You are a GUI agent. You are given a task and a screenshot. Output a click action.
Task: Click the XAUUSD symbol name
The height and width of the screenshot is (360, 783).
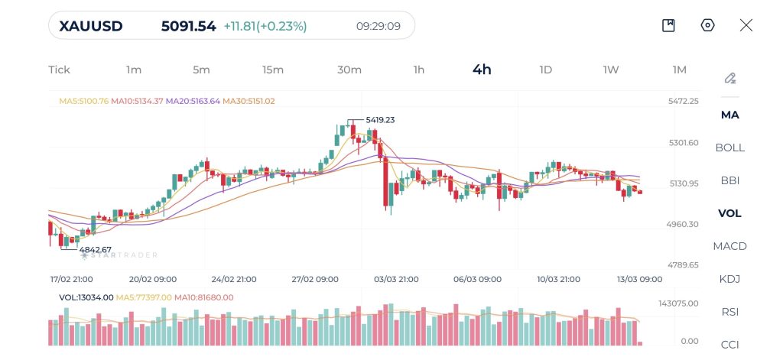pos(91,26)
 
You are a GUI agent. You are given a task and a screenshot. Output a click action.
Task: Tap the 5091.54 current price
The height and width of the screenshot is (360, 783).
pos(188,26)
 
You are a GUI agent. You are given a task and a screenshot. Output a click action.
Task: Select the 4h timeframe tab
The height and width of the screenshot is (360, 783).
pos(482,70)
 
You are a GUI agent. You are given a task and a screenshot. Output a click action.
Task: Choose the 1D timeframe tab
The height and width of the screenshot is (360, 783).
pos(545,70)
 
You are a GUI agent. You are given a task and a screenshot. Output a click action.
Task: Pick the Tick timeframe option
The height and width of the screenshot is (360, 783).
pos(59,70)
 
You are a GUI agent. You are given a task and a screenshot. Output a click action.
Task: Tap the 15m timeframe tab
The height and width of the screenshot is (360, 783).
pos(272,70)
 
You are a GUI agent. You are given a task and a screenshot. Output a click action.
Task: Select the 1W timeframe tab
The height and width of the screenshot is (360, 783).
pos(610,70)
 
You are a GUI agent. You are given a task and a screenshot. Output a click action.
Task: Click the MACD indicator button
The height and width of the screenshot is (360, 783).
pos(729,246)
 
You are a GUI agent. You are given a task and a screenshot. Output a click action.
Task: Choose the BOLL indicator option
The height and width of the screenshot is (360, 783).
pos(729,148)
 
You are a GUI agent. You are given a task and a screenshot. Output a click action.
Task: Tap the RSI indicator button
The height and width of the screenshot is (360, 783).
pos(729,312)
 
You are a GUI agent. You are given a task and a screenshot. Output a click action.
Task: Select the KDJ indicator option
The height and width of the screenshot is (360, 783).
pos(729,279)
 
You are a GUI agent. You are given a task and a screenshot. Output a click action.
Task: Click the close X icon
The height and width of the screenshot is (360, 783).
pos(746,25)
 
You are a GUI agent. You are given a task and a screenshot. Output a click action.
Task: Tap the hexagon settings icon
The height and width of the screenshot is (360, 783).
pos(707,25)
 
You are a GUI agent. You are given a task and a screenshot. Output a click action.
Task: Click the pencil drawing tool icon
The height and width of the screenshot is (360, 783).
pos(730,78)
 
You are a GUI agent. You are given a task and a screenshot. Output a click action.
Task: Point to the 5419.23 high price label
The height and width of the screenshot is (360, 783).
pos(380,120)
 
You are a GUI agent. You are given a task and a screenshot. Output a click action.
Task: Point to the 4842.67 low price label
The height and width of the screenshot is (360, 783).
pos(96,250)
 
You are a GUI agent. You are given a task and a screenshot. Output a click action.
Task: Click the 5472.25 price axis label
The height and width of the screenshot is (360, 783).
pos(683,101)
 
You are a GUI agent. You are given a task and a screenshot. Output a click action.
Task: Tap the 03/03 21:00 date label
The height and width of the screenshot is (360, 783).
pos(395,279)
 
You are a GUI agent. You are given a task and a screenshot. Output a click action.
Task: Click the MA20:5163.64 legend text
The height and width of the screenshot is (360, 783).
pos(192,101)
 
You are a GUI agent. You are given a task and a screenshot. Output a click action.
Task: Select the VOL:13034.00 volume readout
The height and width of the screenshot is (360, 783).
pos(86,297)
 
